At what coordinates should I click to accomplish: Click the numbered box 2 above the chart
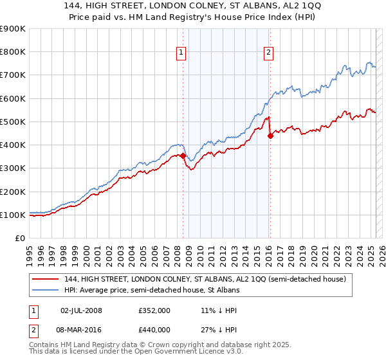(268, 53)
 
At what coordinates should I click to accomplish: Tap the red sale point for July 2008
(183, 156)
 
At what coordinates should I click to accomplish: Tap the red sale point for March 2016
(270, 135)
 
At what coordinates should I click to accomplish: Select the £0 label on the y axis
(19, 239)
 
